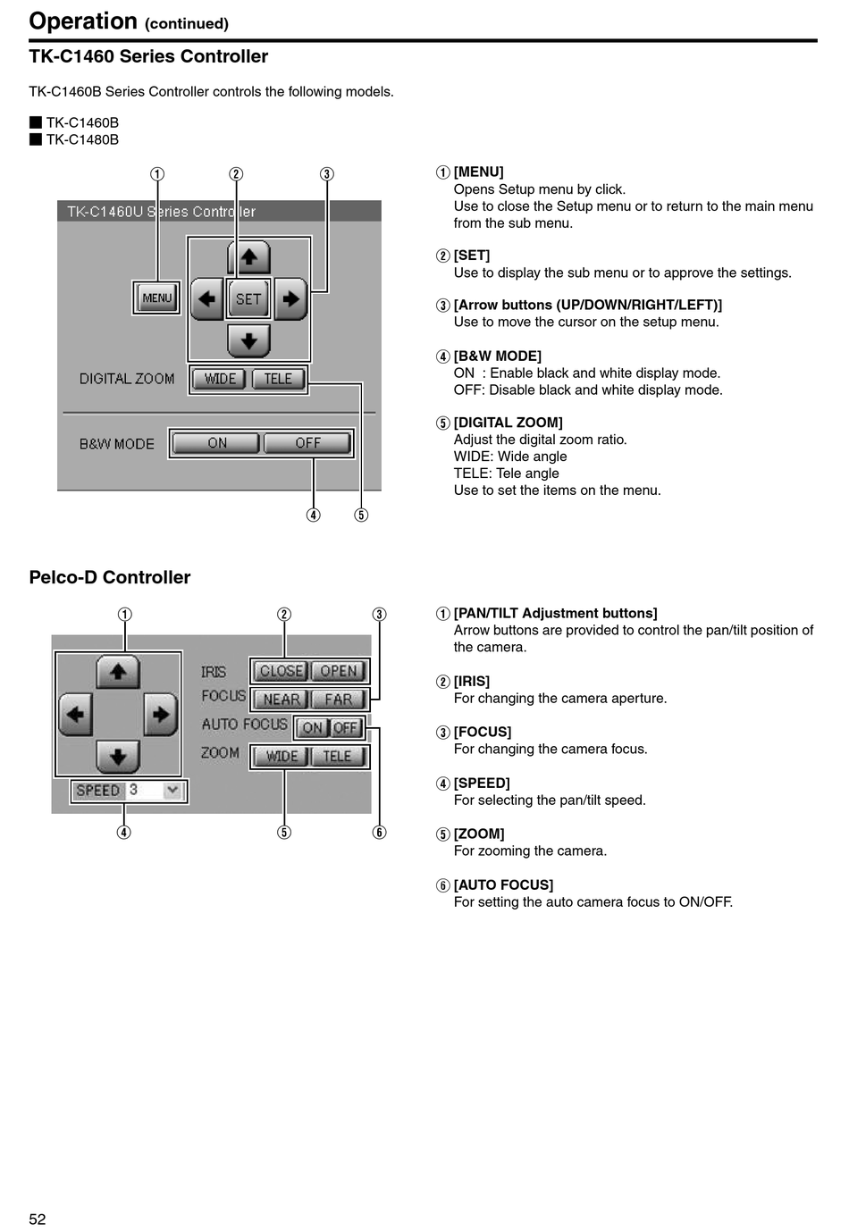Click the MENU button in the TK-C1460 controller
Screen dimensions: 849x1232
point(156,298)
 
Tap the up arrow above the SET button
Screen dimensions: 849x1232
point(248,256)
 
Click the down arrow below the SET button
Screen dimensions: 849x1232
point(248,341)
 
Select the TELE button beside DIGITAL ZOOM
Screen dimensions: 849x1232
point(278,379)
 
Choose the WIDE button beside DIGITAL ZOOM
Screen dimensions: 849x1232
point(220,379)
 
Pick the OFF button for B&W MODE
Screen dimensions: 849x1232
point(307,443)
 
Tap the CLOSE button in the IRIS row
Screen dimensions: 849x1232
point(281,671)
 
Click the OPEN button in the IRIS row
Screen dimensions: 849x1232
point(339,671)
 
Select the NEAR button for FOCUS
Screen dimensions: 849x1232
point(282,700)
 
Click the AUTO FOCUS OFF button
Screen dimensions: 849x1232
point(346,728)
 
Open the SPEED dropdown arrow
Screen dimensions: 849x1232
point(172,791)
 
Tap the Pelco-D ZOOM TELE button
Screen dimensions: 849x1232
point(338,757)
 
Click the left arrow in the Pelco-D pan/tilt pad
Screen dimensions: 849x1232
point(75,715)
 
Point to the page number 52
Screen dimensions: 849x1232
point(38,1219)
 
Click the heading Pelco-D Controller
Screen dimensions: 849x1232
point(110,577)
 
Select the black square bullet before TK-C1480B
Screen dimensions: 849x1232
point(36,139)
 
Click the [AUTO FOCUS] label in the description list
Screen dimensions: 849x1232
point(503,884)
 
